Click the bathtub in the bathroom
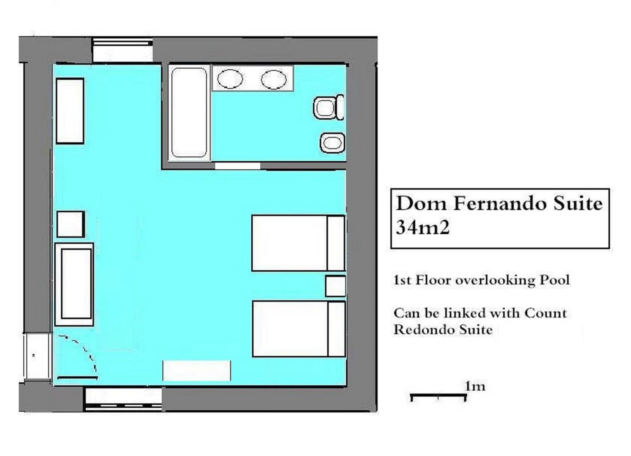point(189,113)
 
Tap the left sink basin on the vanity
point(230,79)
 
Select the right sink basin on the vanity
point(274,80)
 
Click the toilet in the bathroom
point(328,108)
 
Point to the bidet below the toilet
point(332,143)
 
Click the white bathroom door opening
point(237,166)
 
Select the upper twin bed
point(298,243)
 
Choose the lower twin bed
point(299,329)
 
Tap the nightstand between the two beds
point(336,286)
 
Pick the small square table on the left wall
point(71,224)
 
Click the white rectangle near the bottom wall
point(197,371)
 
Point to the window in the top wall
point(123,50)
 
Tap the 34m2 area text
point(422,228)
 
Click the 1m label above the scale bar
point(475,386)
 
